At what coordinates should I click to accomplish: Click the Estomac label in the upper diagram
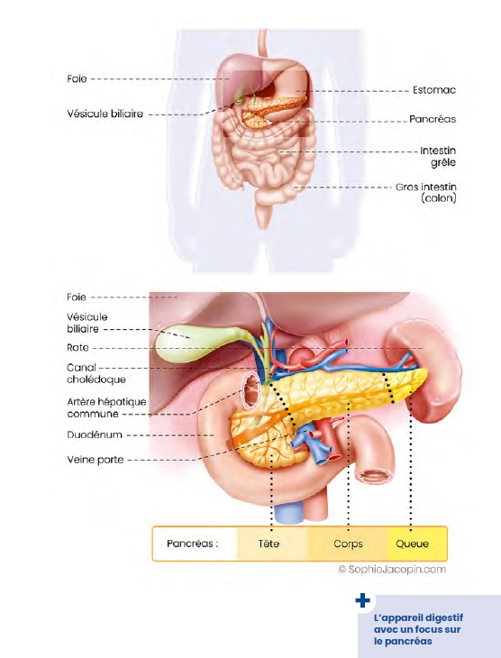tap(433, 90)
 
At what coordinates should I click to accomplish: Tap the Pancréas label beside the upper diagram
tap(433, 119)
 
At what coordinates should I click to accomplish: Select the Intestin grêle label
tap(438, 157)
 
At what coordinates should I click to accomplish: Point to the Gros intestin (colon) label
tap(426, 192)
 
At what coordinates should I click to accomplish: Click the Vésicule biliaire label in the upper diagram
tap(105, 114)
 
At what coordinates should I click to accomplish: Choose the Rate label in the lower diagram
tap(77, 347)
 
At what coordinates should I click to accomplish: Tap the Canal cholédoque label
tap(96, 373)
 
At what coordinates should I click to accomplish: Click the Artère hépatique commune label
tap(106, 407)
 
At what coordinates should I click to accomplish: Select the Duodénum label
tap(95, 434)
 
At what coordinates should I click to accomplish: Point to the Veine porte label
tap(96, 460)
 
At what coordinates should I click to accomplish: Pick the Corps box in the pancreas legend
tap(348, 544)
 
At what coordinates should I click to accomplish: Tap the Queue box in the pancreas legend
tap(416, 544)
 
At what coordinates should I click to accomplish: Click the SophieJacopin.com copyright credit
tap(392, 570)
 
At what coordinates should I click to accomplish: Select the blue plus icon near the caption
tap(362, 600)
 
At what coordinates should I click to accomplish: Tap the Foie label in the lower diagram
tap(77, 297)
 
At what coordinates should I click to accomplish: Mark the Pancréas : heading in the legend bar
tap(193, 544)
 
